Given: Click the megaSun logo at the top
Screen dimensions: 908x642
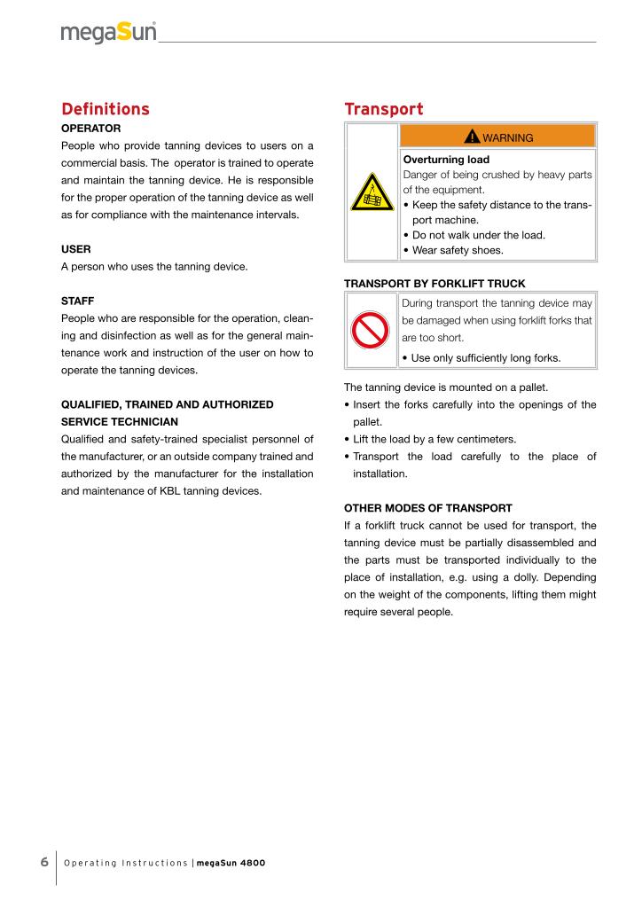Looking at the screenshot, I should click(109, 33).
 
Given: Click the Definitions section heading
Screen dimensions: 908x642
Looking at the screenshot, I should click(105, 109).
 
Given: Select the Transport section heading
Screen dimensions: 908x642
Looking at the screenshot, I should click(383, 109).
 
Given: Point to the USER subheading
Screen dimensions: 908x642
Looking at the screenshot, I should click(77, 250).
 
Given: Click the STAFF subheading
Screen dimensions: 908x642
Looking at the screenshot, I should click(79, 301).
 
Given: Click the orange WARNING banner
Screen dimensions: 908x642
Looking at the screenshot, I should click(497, 137).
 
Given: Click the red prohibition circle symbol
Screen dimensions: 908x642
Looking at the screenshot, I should click(372, 331).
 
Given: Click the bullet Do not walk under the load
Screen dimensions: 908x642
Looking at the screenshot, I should click(474, 235).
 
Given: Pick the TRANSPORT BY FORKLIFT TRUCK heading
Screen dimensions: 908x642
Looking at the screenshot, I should click(435, 283).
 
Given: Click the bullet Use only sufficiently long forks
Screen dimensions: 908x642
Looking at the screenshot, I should click(481, 357).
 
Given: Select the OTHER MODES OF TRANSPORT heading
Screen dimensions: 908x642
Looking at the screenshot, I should click(427, 508).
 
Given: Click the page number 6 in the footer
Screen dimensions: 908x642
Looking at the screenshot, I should click(44, 862).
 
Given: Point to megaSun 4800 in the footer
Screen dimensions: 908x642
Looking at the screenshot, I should click(231, 863).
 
